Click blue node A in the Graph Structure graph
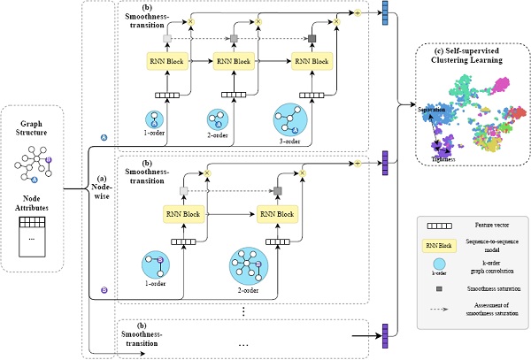click(x=35, y=180)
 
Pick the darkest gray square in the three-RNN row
click(x=312, y=37)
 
